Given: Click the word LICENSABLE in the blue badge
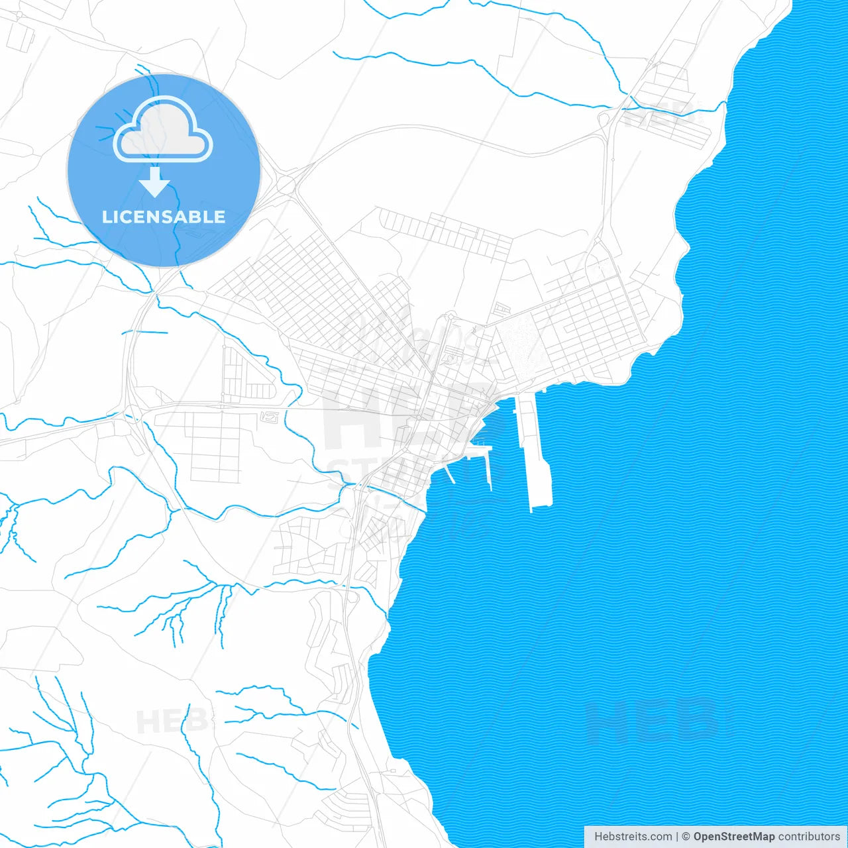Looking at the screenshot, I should [x=164, y=217].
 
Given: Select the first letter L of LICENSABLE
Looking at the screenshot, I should [x=106, y=217].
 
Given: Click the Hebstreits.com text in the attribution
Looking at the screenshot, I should [x=633, y=836].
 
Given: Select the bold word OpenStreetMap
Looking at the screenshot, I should [x=733, y=836].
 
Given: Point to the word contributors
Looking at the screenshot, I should [x=808, y=836].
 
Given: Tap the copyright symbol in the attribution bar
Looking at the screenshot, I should [x=686, y=836].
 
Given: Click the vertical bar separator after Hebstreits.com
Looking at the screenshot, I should [x=677, y=836].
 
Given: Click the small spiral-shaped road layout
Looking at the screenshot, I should [x=270, y=417].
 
